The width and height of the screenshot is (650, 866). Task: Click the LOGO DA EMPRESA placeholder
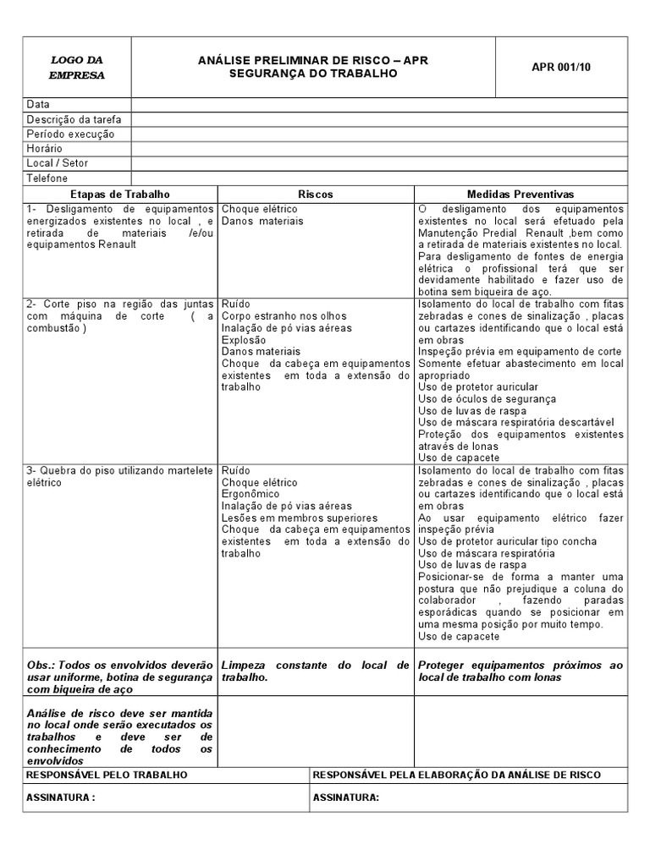coord(77,68)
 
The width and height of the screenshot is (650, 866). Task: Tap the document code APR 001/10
coord(562,67)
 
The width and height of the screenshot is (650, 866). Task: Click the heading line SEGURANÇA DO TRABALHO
coord(312,74)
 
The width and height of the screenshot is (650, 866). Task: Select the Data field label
coord(38,105)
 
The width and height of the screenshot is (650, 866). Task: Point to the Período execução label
coord(70,134)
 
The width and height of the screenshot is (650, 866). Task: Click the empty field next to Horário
coord(379,148)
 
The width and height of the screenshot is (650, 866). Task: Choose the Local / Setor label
coord(58,162)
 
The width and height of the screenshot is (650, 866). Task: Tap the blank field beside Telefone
coord(379,178)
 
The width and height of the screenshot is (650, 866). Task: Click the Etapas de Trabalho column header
coord(120,194)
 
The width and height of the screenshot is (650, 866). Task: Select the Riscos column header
coord(315,194)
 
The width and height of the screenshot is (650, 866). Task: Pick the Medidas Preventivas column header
coord(521,194)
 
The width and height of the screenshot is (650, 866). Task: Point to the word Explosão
coord(244,339)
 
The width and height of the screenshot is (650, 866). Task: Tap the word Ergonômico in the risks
coord(251,494)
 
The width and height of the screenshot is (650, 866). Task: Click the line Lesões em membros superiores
coord(288,518)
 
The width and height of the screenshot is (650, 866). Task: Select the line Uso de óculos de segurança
coord(487,398)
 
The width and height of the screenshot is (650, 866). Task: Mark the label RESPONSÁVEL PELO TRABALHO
coord(107,775)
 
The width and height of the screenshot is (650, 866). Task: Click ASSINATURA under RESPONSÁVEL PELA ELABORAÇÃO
coord(346,797)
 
